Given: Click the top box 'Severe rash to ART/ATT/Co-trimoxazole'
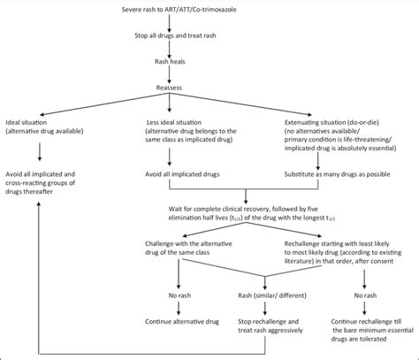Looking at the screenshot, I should tap(209, 8).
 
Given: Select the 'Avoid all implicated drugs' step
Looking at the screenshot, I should tap(193, 173).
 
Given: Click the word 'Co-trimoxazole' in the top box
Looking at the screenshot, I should tap(253, 8).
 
